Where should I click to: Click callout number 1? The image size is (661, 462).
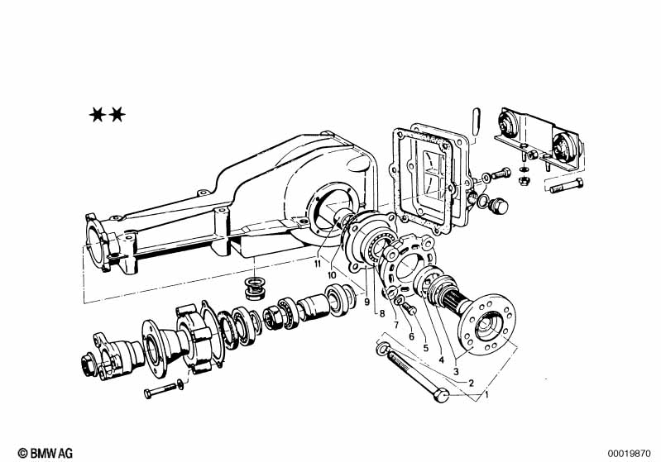[x=487, y=395]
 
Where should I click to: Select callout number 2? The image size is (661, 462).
[x=472, y=383]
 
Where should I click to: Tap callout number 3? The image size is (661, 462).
[x=456, y=372]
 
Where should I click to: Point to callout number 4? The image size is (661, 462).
[x=442, y=360]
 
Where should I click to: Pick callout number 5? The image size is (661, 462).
[x=426, y=348]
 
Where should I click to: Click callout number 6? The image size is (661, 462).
[x=411, y=336]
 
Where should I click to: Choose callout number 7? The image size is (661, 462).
[x=396, y=325]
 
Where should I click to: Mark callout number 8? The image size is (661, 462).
[x=382, y=313]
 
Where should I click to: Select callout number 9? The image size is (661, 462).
[x=366, y=302]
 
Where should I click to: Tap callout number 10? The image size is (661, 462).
[x=332, y=275]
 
